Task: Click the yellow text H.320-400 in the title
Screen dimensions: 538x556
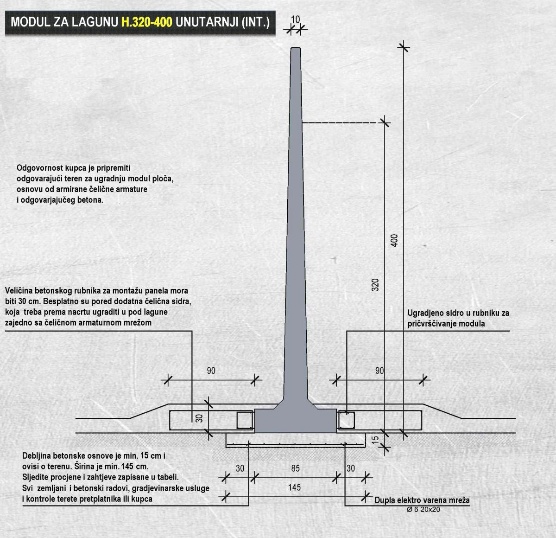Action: point(146,22)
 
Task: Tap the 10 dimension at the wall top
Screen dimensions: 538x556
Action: point(296,19)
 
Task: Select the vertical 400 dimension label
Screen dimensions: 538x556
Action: point(394,240)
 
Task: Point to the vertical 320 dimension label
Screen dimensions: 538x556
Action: point(375,284)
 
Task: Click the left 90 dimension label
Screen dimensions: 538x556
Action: point(211,371)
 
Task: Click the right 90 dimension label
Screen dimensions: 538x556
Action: point(379,371)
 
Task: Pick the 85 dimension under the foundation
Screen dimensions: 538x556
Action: point(296,468)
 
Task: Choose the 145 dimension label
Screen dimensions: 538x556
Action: point(294,487)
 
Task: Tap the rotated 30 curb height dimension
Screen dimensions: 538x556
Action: point(199,418)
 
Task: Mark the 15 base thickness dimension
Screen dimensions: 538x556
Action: point(375,438)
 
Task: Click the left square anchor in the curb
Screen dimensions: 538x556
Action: point(244,420)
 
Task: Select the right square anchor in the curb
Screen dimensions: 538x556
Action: point(346,420)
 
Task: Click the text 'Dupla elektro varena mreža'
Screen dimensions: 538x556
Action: point(422,500)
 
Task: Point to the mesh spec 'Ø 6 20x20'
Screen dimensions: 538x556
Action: point(423,510)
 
